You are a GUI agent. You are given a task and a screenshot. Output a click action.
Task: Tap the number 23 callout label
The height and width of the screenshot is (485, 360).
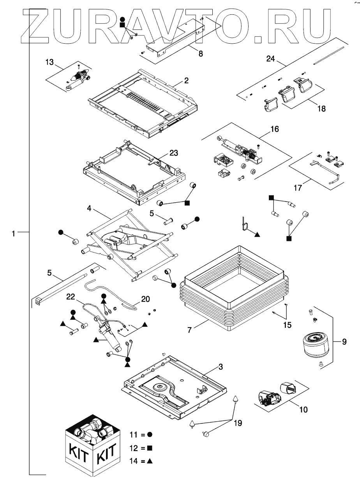[173, 153]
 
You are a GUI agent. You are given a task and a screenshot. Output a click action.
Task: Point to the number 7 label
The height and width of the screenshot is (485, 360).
[190, 330]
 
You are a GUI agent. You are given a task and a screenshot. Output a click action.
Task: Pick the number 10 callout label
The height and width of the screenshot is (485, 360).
[303, 409]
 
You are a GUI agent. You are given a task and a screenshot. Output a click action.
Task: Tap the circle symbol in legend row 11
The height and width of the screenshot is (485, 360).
[150, 434]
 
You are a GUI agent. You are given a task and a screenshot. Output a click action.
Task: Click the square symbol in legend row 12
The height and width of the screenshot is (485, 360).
[150, 447]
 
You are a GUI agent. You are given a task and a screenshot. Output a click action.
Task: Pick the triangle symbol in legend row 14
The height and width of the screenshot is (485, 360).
[150, 461]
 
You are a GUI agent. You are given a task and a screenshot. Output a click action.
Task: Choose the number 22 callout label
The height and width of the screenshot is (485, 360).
[70, 297]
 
